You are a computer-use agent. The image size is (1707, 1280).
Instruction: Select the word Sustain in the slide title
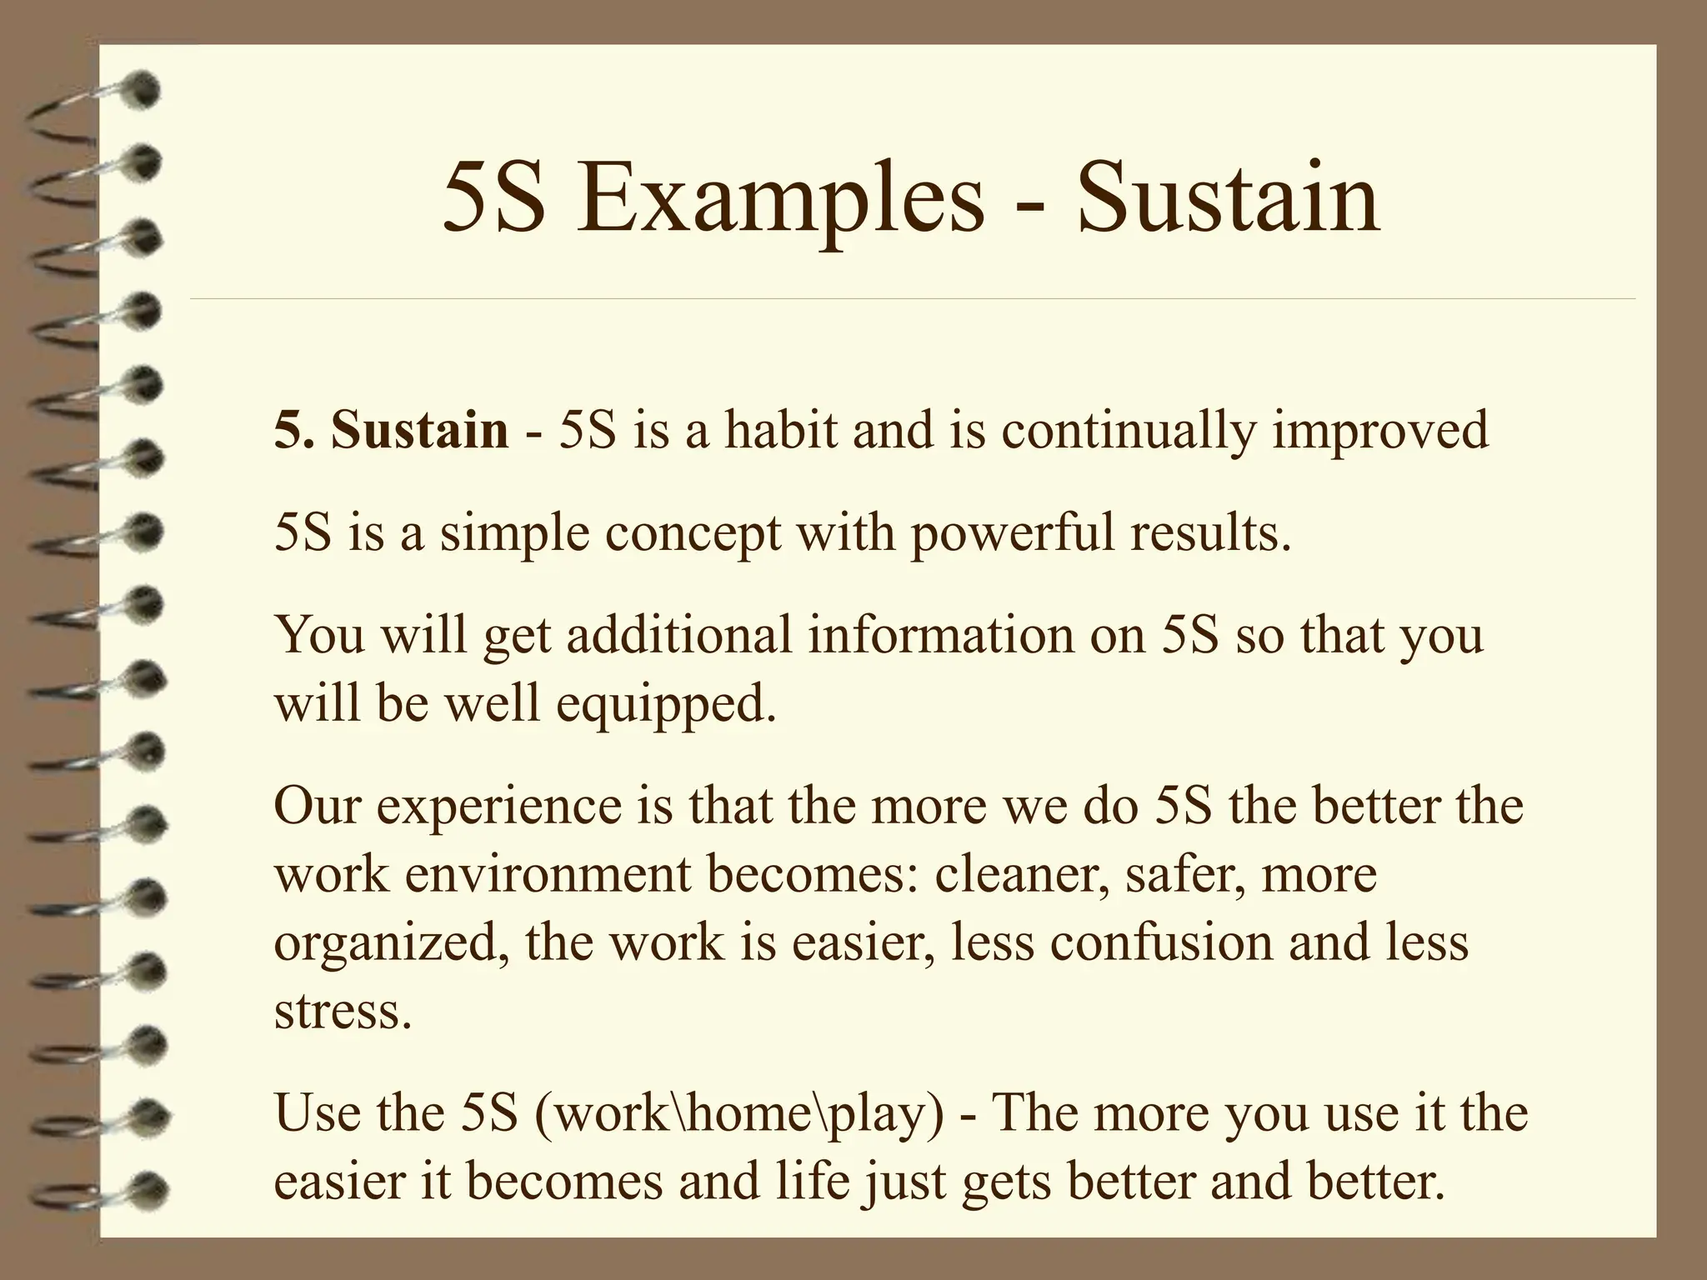pyautogui.click(x=1228, y=201)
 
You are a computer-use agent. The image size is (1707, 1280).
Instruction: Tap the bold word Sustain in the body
pyautogui.click(x=419, y=431)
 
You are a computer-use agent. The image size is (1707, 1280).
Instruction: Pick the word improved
pyautogui.click(x=1380, y=432)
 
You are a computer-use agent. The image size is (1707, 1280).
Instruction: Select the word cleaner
pyautogui.click(x=1022, y=875)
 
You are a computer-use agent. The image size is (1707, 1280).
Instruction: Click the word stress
pyautogui.click(x=343, y=1012)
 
